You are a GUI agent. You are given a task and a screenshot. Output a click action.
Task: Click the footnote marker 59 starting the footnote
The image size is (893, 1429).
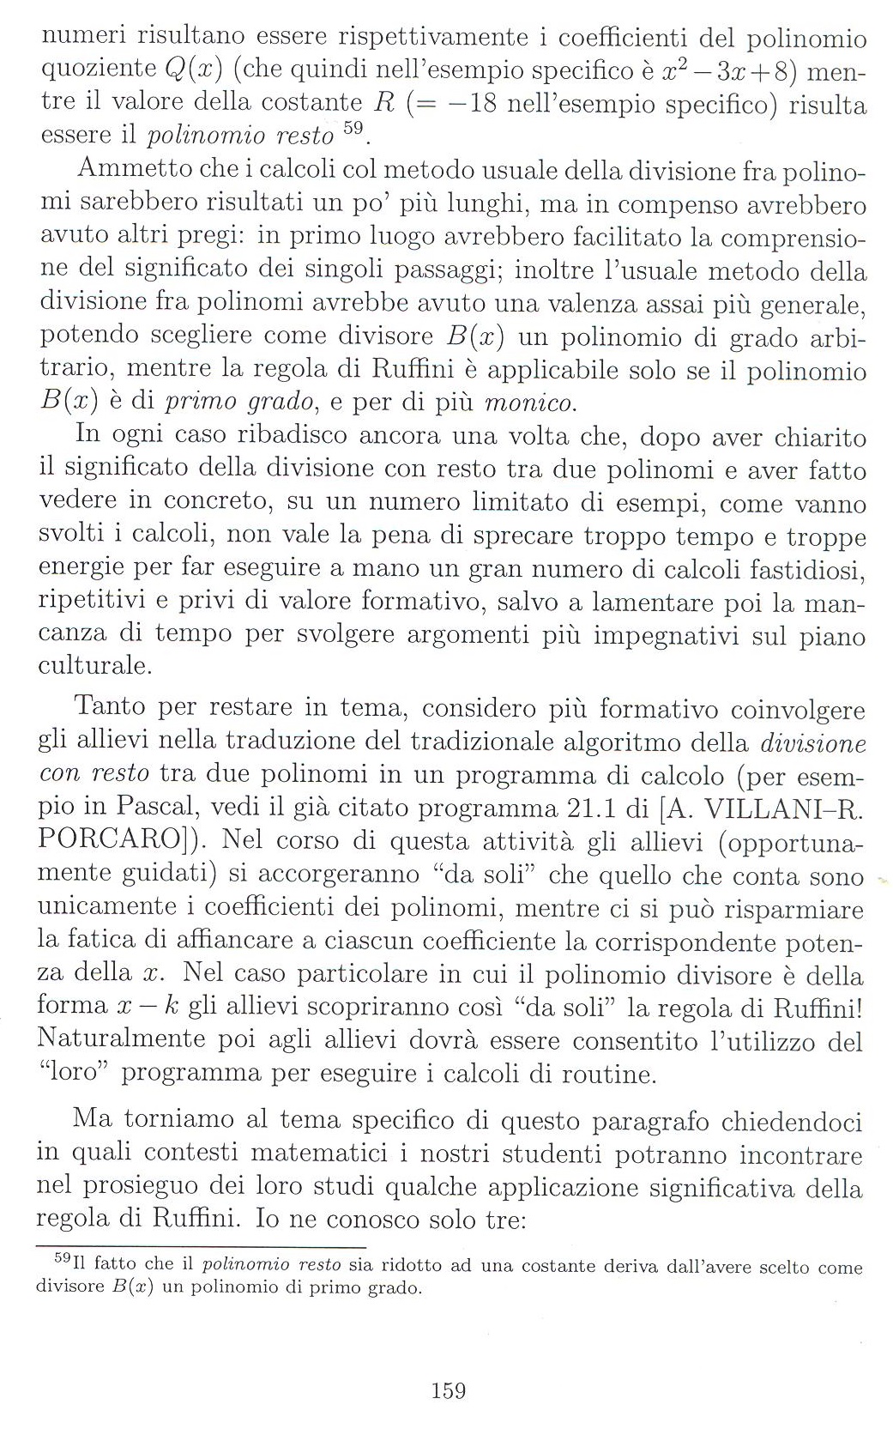pyautogui.click(x=61, y=1259)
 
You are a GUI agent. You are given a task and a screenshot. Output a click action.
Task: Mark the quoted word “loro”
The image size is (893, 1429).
pyautogui.click(x=72, y=1073)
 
